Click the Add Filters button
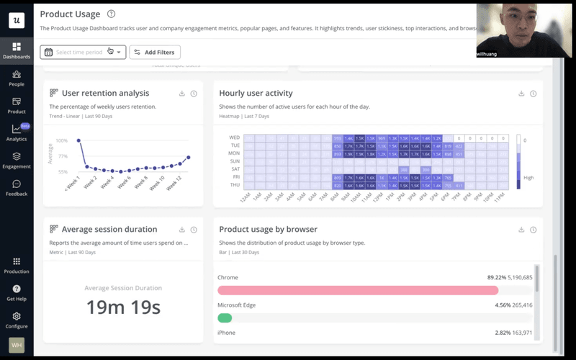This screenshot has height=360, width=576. tap(155, 53)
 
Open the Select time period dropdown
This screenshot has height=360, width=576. tap(83, 53)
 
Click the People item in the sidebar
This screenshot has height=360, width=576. tap(17, 78)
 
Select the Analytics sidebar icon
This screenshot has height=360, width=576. tap(17, 132)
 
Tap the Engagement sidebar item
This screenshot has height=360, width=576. tap(17, 160)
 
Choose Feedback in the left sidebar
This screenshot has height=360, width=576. tap(17, 188)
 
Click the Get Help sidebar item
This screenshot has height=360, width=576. tap(17, 292)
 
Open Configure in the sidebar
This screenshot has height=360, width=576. tap(17, 320)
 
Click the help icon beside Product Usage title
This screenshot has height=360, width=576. tap(110, 14)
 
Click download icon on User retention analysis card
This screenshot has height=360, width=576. tap(182, 94)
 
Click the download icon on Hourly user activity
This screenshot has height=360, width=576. tap(521, 94)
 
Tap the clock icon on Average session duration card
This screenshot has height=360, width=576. tap(194, 230)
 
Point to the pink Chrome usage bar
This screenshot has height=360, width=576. tap(358, 290)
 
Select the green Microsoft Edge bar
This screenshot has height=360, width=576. tap(225, 318)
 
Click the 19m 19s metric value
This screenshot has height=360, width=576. tap(122, 307)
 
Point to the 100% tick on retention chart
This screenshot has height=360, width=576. tap(62, 141)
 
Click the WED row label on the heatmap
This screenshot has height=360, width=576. tap(235, 137)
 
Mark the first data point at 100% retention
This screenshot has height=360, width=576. tap(78, 141)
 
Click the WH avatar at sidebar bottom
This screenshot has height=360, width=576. tap(16, 345)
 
